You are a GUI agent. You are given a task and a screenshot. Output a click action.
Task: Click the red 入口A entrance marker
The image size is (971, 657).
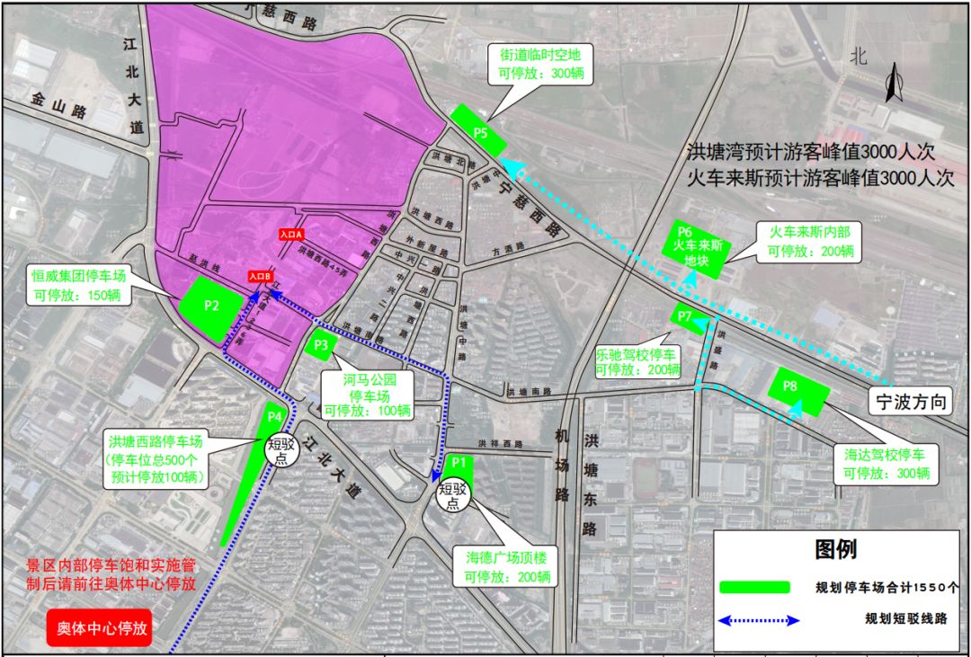(x=291, y=234)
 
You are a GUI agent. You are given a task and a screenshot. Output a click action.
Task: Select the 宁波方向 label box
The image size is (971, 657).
(x=910, y=403)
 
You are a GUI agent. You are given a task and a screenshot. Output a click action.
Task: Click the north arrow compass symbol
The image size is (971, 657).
(x=894, y=84)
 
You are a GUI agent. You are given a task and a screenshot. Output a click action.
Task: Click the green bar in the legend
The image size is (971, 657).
(x=755, y=588)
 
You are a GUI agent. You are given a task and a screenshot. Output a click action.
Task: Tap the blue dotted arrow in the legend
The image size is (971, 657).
(x=759, y=620)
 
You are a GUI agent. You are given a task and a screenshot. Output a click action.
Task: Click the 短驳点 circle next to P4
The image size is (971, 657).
(x=281, y=446)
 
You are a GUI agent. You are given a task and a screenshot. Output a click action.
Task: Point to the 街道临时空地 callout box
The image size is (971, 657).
(x=541, y=65)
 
